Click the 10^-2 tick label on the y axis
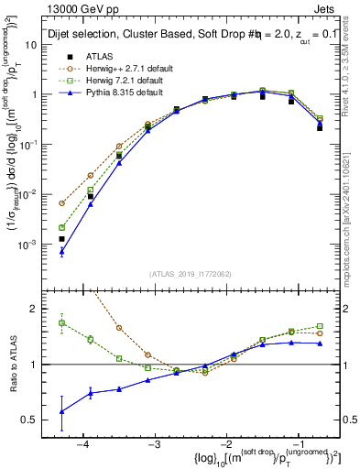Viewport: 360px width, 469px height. tap(28, 194)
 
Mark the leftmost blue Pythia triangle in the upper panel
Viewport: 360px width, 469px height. tap(61, 250)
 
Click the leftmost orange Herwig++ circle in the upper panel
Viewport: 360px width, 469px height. tap(61, 203)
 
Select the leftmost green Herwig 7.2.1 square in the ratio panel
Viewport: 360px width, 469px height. tap(61, 322)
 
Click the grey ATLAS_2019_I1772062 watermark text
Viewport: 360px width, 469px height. tap(190, 273)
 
